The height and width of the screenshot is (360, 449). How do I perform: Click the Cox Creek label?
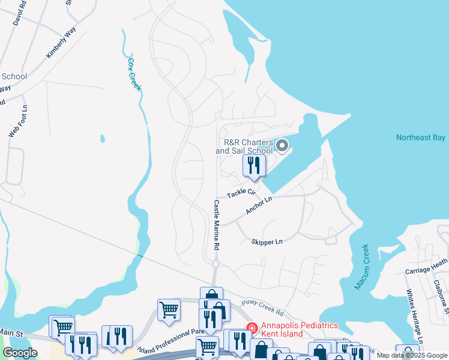click(x=134, y=74)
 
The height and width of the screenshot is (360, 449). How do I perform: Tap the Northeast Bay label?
click(x=420, y=138)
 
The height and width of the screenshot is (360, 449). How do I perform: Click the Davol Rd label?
click(x=19, y=12)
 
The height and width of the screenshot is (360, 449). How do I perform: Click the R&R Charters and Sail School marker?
click(x=282, y=146)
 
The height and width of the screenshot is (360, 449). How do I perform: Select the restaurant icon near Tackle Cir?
click(x=254, y=166)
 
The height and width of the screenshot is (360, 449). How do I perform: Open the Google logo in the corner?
click(x=20, y=353)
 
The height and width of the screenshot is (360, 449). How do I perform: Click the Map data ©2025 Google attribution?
click(x=411, y=355)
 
